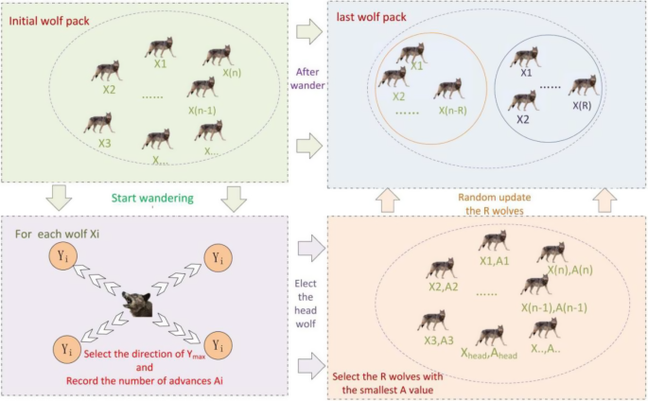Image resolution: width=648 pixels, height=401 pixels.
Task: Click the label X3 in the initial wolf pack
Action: point(104,145)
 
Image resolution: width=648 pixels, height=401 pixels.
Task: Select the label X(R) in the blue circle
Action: point(582,106)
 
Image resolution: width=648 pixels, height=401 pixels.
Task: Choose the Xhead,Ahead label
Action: point(489,353)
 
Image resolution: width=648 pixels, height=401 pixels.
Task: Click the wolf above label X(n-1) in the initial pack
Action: point(201,88)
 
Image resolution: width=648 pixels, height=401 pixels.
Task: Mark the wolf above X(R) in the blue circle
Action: point(581,86)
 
